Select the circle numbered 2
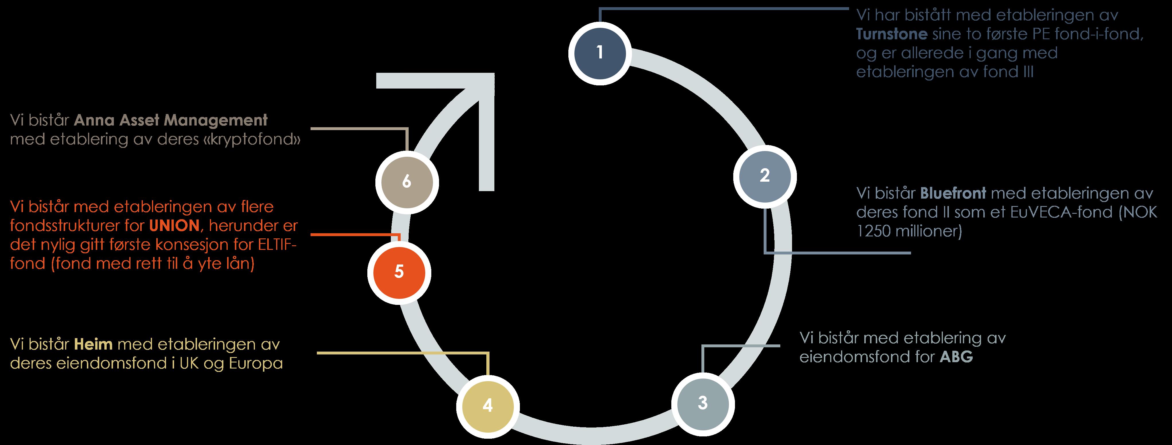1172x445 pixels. pyautogui.click(x=765, y=176)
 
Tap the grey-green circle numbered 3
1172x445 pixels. pyautogui.click(x=703, y=403)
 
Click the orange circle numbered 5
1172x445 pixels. pyautogui.click(x=399, y=272)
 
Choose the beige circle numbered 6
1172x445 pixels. pyautogui.click(x=407, y=182)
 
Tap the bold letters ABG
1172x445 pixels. pyautogui.click(x=956, y=357)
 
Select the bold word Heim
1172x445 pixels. pyautogui.click(x=93, y=344)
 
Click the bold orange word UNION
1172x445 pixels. pyautogui.click(x=174, y=226)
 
